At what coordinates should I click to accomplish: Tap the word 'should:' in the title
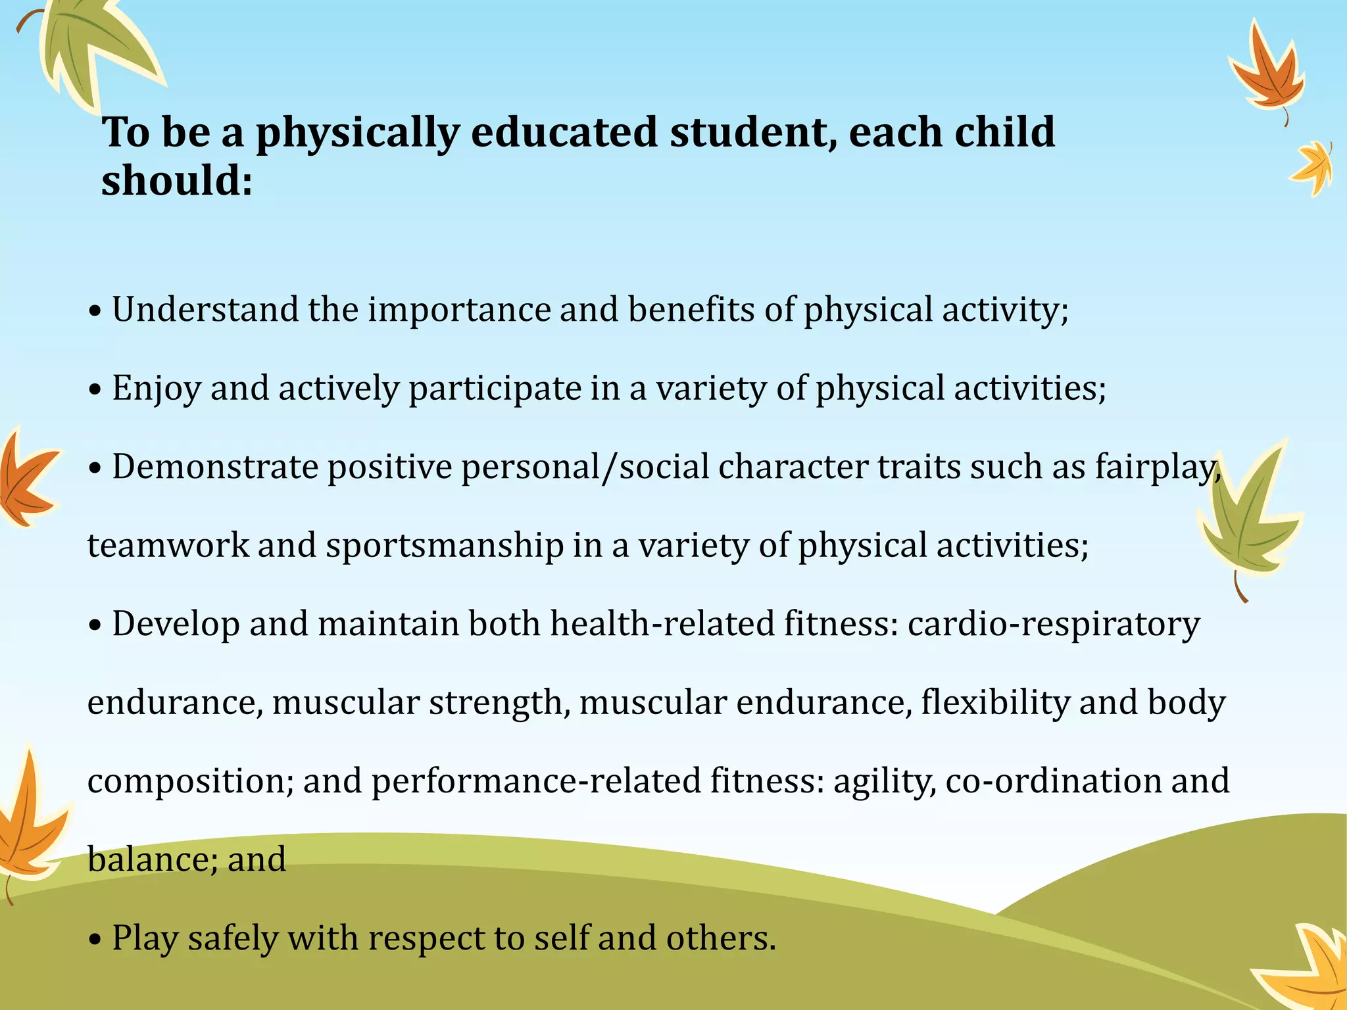(176, 181)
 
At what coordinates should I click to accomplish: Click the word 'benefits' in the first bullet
(691, 309)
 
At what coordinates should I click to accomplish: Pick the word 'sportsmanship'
(445, 546)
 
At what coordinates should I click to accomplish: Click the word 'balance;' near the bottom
(153, 859)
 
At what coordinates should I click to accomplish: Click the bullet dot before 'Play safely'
(96, 940)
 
